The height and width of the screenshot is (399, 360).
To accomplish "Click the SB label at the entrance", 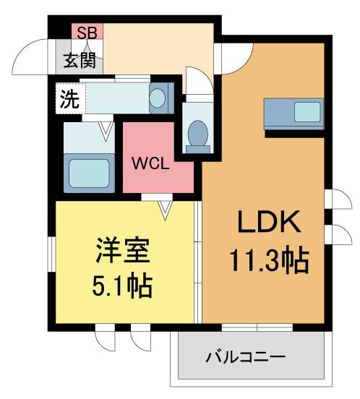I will tap(87, 32).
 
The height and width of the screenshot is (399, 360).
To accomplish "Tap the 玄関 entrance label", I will tap(80, 59).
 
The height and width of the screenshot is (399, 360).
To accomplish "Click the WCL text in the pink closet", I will tap(150, 163).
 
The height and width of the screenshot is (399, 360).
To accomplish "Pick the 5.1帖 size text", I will tap(121, 287).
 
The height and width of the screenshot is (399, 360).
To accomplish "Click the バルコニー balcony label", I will tap(245, 357).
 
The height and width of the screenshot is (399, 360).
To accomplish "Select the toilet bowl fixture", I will tap(196, 134).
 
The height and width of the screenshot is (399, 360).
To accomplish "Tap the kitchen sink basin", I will tap(307, 112).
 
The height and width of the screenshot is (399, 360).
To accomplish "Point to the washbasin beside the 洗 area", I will tap(158, 97).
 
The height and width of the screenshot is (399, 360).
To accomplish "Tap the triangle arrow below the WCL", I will tap(166, 209).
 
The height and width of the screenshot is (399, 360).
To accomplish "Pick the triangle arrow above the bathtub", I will tap(106, 130).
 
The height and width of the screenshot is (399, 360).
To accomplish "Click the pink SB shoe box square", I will tap(87, 32).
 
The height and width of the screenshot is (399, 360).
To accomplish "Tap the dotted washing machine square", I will tap(69, 100).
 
